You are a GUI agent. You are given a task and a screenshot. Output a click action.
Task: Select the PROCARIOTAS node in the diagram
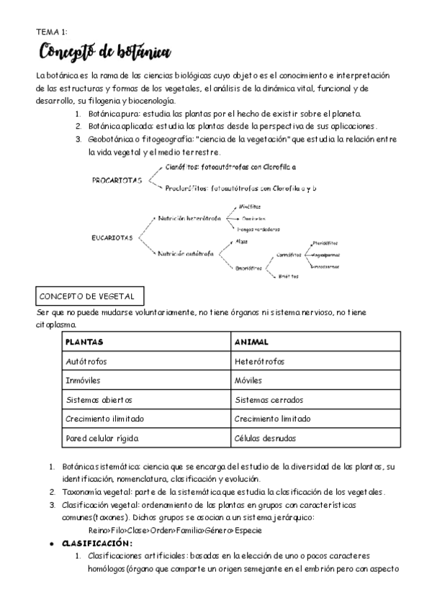117,181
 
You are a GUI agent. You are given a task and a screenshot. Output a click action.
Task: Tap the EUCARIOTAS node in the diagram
112,238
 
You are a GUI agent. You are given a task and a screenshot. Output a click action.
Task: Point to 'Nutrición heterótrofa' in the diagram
189,218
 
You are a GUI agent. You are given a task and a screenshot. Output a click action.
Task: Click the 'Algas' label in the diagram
241,242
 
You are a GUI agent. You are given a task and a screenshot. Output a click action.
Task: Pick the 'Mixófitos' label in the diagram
249,206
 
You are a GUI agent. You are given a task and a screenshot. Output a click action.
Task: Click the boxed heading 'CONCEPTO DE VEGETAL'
91,296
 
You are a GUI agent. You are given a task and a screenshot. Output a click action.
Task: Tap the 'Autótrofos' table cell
86,361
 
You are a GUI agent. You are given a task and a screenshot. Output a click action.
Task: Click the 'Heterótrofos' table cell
259,361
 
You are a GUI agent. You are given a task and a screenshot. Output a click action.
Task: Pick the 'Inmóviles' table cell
83,380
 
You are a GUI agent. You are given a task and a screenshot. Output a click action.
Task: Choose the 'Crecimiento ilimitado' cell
104,419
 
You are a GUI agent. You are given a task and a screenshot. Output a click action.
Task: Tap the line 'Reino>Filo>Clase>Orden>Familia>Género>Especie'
175,530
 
